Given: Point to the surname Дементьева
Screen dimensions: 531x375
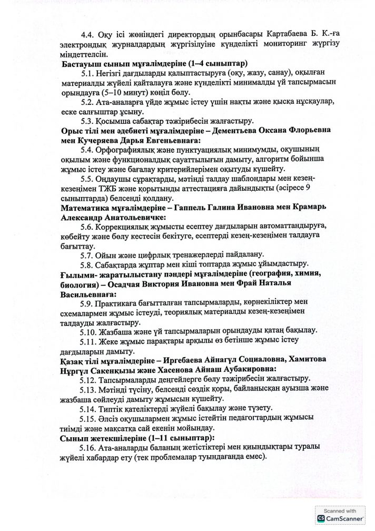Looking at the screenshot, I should (x=226, y=131).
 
